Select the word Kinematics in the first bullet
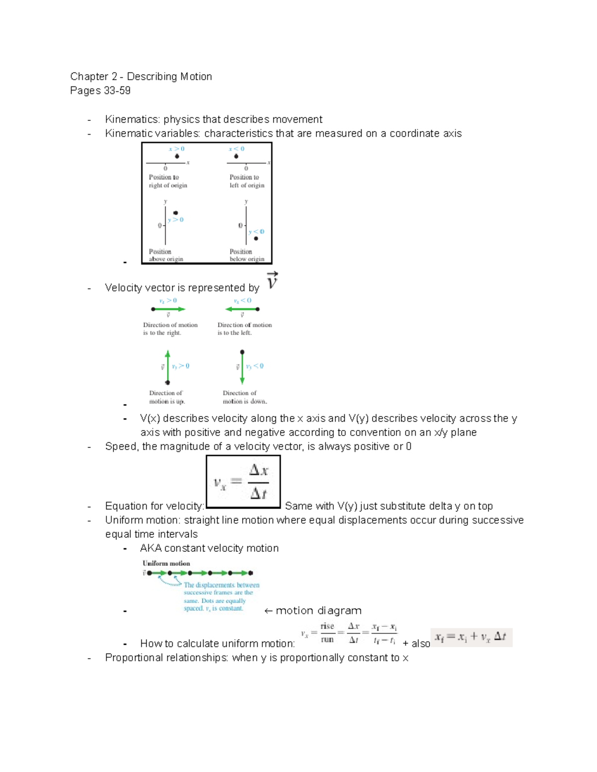coord(132,119)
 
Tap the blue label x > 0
coord(176,149)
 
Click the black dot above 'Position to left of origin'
coord(236,156)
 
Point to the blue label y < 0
coord(256,232)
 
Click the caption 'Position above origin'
coord(166,255)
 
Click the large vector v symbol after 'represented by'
coord(272,281)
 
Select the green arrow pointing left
coord(241,309)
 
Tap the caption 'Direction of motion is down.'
coord(244,397)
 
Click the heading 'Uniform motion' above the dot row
coord(166,563)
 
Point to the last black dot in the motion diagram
coord(251,573)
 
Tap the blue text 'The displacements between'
coord(221,585)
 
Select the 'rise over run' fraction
coord(327,633)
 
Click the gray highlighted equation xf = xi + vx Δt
coord(471,637)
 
